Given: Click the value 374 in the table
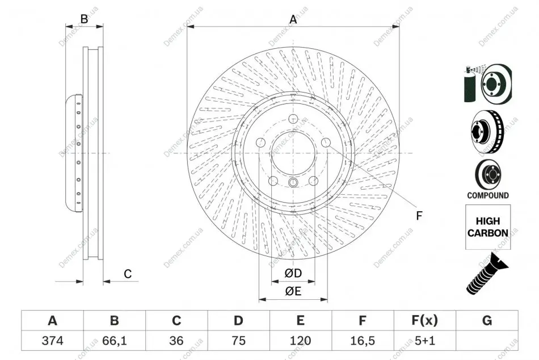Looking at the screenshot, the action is point(52,341).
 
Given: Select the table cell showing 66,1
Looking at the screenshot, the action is point(115,341).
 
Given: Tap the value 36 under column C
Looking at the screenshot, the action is point(176,341).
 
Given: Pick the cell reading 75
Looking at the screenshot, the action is point(238,341).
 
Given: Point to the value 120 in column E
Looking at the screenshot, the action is point(301,341).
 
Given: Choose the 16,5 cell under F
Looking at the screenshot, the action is point(363,341).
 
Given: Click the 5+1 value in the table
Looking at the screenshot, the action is point(425,341).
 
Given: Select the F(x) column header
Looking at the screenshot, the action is point(425,320).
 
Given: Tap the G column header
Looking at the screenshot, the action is point(487,320).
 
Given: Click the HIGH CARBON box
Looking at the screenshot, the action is point(488,227).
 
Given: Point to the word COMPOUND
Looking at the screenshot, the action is point(488,195).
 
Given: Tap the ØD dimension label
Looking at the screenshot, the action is point(293,273).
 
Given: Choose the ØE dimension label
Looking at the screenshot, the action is point(293,291).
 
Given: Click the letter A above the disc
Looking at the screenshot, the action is point(293,19).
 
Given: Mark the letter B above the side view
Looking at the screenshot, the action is point(84,19).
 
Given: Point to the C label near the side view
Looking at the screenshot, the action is point(128,274).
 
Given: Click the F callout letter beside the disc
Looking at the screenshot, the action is point(419,216).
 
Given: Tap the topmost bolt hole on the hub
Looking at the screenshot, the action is point(293,119).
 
